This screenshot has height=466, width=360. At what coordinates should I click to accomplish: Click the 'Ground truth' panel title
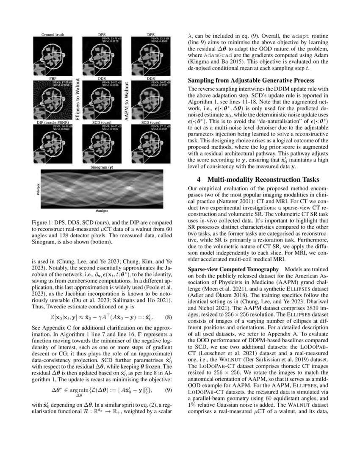[x=53, y=34]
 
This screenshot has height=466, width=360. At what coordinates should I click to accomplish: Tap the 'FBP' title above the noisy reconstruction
[x=53, y=79]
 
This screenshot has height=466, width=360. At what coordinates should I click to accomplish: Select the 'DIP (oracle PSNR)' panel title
[x=53, y=123]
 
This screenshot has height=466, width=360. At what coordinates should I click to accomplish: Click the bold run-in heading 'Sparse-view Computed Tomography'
[x=233, y=270]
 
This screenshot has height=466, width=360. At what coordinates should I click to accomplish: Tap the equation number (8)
[x=168, y=317]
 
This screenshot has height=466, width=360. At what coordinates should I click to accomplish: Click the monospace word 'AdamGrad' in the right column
[x=209, y=55]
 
